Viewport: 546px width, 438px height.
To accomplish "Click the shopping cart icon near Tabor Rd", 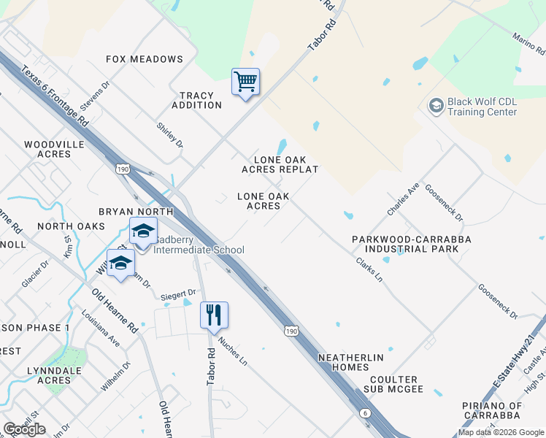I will (246, 82).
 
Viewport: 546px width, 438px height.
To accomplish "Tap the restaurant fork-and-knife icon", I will (214, 315).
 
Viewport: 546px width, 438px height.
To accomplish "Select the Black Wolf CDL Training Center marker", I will (436, 106).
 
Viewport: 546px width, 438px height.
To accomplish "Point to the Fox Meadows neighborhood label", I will (145, 59).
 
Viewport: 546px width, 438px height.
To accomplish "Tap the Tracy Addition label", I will (196, 101).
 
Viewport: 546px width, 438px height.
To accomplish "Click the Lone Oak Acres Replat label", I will (280, 164).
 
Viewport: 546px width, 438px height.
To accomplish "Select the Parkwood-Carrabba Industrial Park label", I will (411, 244).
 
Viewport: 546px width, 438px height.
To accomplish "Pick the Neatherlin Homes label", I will (350, 363).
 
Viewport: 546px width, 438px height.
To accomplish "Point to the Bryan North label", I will (136, 212).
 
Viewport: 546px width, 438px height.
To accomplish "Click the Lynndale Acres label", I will (64, 375).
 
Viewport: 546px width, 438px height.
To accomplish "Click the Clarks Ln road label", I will (369, 270).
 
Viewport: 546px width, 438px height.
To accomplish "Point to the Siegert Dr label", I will (173, 294).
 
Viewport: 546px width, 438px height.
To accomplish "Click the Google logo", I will (25, 429).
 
